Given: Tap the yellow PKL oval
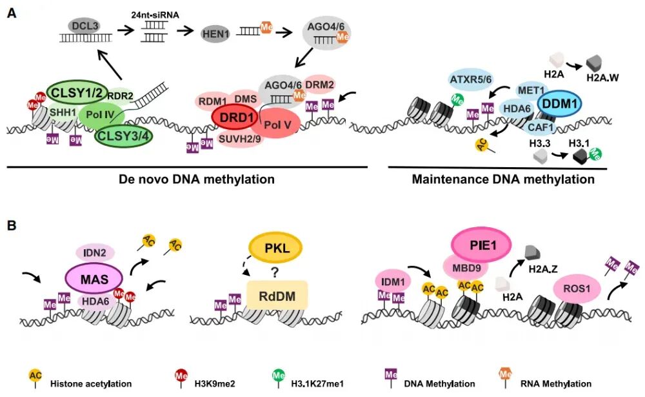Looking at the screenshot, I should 275,248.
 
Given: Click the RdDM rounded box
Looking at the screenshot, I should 277,296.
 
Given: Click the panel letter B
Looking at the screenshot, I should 12,227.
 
